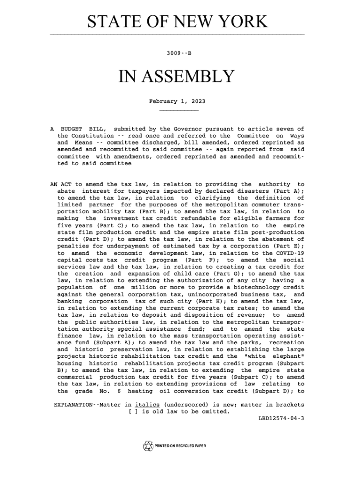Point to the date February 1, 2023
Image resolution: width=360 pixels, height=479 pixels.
[177, 101]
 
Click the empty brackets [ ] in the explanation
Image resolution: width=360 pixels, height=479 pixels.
[133, 412]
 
